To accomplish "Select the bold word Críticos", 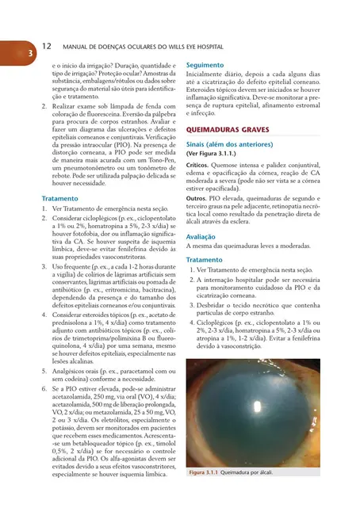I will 198,166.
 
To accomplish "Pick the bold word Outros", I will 197,199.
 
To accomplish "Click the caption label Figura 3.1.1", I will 206,473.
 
